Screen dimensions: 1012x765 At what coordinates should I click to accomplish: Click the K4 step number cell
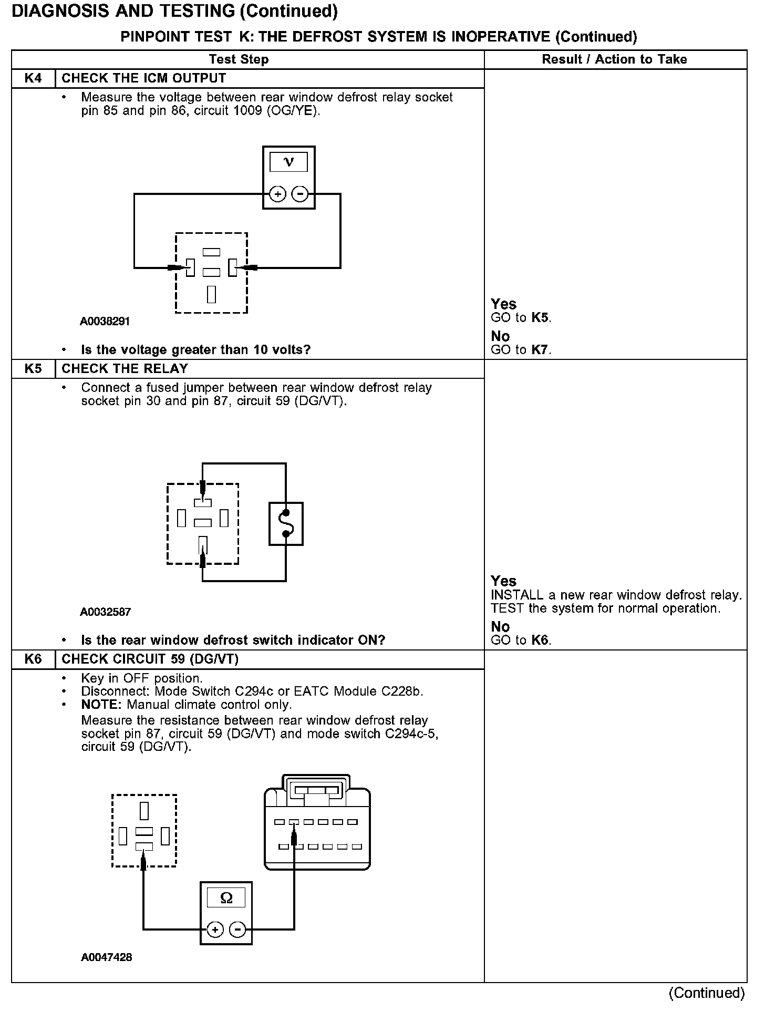coord(33,78)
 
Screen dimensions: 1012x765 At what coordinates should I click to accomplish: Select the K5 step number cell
coord(33,369)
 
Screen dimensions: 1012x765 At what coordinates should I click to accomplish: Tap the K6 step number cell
coord(33,659)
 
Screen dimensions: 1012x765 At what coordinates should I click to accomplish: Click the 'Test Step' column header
coord(239,59)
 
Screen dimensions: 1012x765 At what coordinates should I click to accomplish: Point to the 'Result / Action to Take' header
coord(614,59)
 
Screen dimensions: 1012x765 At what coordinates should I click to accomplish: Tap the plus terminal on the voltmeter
coord(277,194)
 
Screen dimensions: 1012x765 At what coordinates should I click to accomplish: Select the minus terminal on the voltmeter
coord(300,194)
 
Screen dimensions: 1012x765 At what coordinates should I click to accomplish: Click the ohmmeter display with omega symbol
coord(226,898)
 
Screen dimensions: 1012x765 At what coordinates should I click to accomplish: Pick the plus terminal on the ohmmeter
coord(215,930)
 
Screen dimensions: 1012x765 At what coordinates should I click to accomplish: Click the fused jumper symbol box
coord(286,524)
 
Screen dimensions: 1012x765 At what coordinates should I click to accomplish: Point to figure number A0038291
coord(105,322)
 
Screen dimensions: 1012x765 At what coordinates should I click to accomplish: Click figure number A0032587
coord(105,612)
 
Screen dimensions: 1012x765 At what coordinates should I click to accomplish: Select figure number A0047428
coord(106,957)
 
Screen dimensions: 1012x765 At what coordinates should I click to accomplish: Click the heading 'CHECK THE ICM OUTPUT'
coord(143,78)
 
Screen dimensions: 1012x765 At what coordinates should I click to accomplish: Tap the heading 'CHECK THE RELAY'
coord(125,369)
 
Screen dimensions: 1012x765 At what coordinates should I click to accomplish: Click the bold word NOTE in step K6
coord(102,705)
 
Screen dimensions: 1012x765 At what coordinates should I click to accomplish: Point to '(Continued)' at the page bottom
coord(707,993)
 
